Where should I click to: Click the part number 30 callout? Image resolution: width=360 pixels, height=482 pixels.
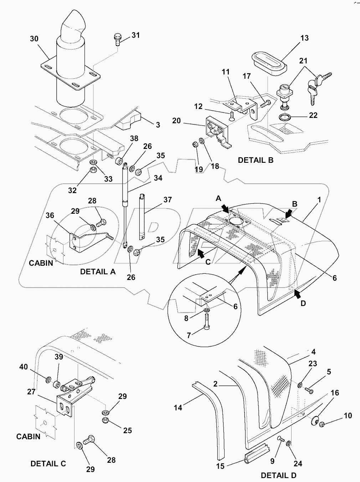(34, 39)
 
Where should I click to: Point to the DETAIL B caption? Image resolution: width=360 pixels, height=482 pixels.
(256, 160)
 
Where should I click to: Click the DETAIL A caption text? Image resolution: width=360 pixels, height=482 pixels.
(98, 271)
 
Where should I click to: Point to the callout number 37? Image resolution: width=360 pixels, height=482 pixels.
(167, 199)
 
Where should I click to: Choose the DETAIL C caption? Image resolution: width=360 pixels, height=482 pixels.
(48, 464)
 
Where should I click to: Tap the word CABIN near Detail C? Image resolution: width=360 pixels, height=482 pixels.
(28, 436)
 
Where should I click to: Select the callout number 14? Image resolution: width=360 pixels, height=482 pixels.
(178, 408)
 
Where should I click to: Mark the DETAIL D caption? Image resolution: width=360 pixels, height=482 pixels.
(278, 475)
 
